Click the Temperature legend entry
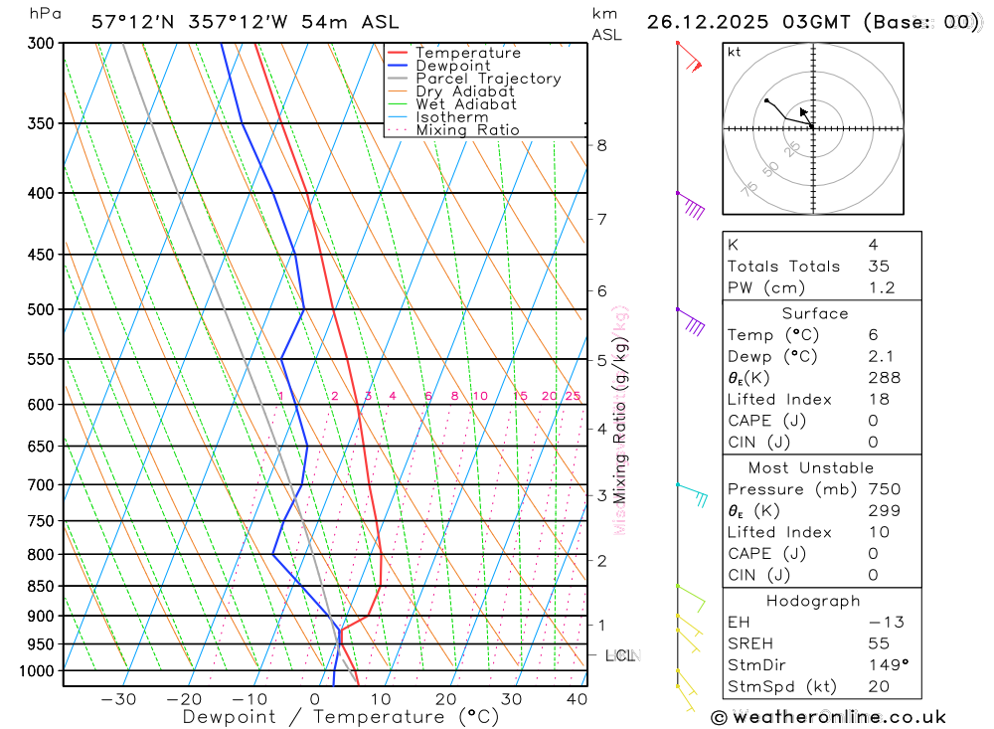(467, 53)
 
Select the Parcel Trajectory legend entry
(487, 79)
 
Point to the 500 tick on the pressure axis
(41, 309)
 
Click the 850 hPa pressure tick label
(41, 586)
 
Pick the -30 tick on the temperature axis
(118, 699)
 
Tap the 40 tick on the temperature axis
(577, 699)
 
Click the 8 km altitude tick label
(601, 145)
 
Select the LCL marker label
(620, 655)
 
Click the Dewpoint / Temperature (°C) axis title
(341, 716)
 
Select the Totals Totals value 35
(878, 267)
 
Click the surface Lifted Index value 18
(878, 400)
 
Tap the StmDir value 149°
(884, 665)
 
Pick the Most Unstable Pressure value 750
(884, 489)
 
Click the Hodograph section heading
(812, 601)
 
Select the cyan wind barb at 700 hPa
(694, 494)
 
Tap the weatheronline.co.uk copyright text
(828, 717)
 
